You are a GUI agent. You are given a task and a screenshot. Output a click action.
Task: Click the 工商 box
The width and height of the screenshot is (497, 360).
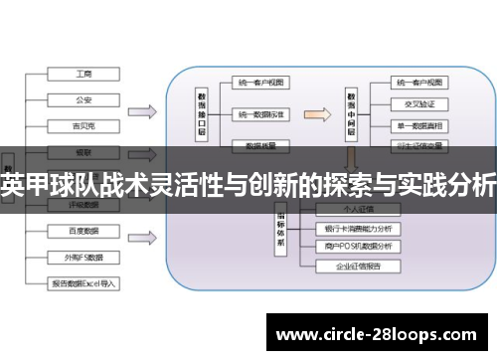click(83, 74)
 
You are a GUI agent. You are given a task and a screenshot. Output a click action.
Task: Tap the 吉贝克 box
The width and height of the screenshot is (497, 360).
click(83, 125)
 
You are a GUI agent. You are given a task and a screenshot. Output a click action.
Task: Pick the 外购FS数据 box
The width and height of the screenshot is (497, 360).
click(83, 257)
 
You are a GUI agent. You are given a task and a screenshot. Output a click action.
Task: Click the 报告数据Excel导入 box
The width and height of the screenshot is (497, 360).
click(83, 283)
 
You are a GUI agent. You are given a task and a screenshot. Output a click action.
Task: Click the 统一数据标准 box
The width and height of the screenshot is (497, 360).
click(260, 115)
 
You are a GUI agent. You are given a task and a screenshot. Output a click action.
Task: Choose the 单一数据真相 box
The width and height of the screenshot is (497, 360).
click(417, 124)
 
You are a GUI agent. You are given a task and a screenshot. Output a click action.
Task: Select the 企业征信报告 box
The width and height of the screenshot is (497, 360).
click(358, 268)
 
